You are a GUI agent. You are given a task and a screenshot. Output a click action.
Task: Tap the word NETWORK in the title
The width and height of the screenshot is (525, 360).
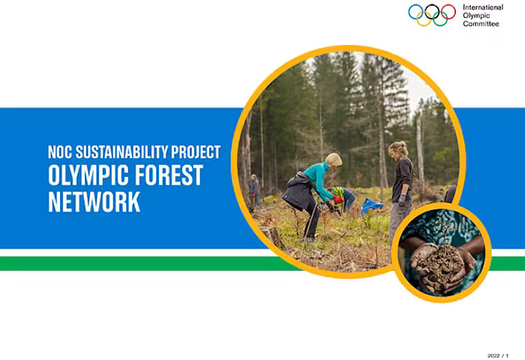coord(94,202)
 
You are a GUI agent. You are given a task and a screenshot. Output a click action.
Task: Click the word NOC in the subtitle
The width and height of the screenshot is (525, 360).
coord(60,152)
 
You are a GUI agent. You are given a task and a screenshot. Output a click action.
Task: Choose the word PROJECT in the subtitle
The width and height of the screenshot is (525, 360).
coord(197,152)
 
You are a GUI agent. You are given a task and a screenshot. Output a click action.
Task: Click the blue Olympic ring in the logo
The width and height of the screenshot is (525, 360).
coord(415,11)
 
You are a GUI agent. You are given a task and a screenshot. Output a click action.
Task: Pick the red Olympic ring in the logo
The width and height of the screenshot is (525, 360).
coord(448,11)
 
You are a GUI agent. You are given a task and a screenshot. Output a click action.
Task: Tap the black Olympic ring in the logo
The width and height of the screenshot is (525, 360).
coord(432,11)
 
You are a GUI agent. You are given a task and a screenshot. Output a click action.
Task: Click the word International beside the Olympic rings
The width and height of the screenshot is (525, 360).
coord(484,7)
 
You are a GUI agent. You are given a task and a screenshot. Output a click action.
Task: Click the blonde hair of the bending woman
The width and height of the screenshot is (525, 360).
coord(334,159)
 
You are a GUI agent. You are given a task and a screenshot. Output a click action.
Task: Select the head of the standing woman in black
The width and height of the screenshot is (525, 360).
coord(399,149)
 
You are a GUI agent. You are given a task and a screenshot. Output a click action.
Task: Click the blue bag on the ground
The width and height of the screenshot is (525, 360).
coord(372,205)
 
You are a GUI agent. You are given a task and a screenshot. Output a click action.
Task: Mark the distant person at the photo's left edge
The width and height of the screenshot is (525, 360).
coord(254,189)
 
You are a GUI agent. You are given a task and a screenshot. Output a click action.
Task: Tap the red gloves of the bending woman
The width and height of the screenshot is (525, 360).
coord(337,200)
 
